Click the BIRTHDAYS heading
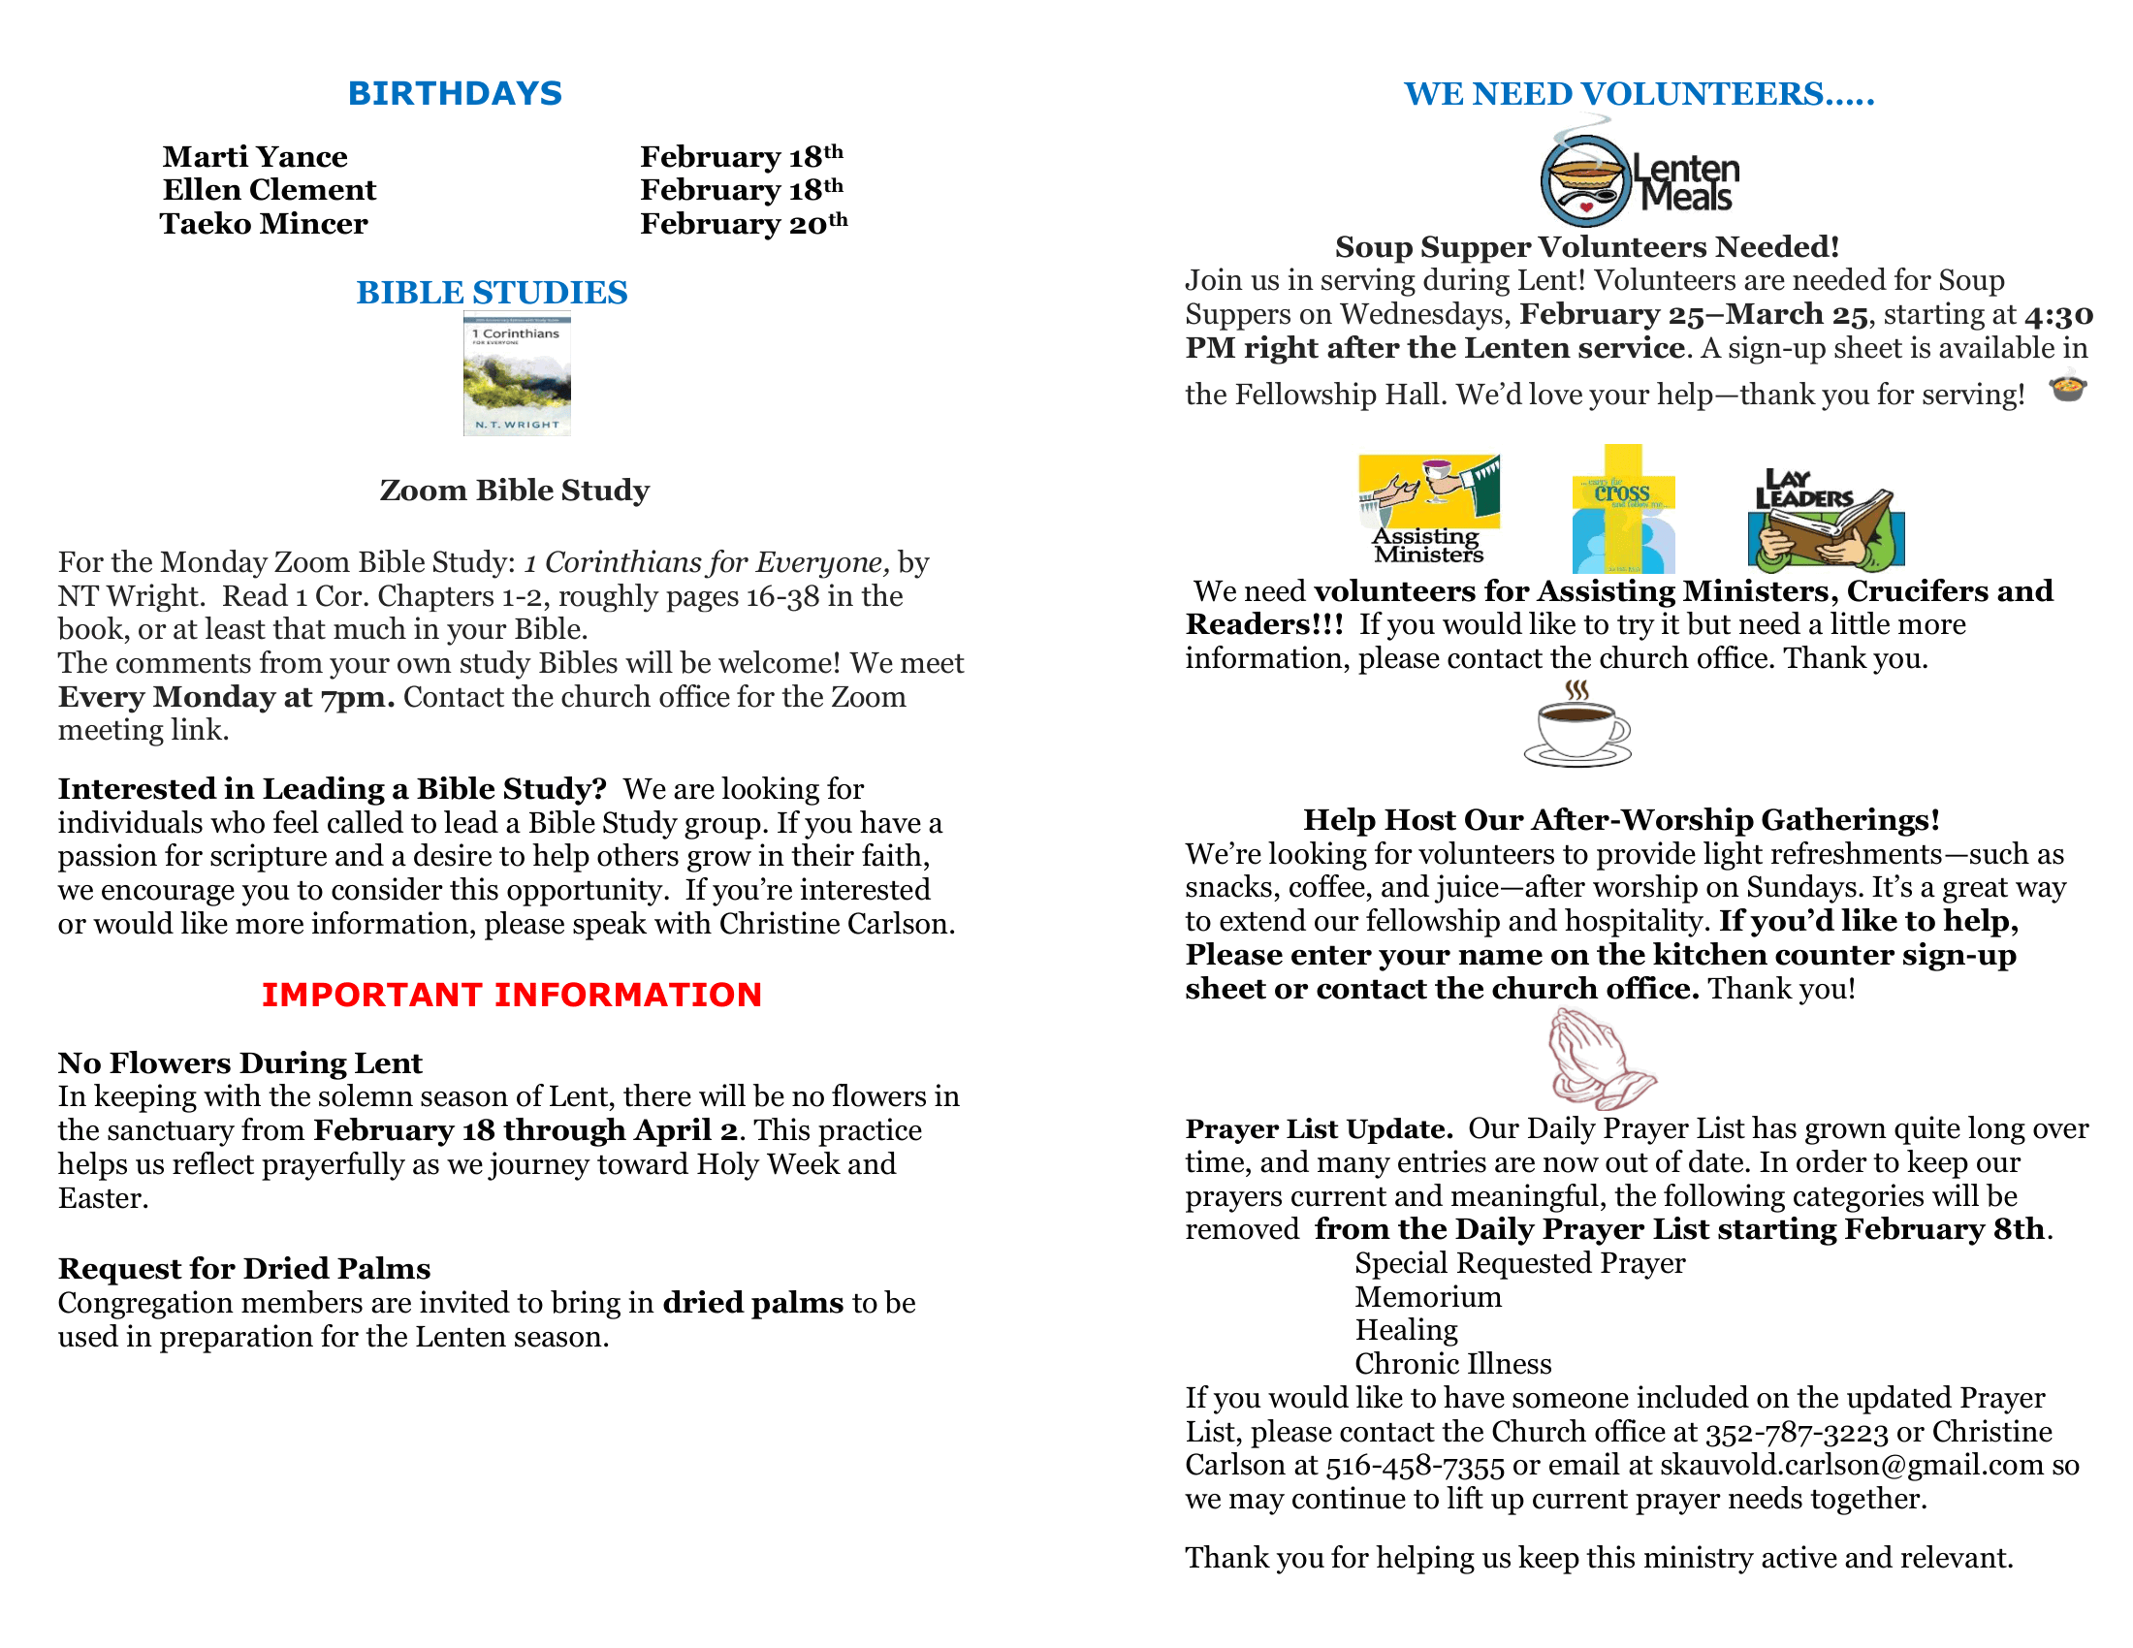455,94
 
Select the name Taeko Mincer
264,225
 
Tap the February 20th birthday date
744,225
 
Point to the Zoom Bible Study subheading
514,491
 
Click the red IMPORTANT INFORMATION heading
511,995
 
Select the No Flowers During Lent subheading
240,1063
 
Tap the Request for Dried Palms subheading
244,1269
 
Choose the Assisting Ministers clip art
1428,509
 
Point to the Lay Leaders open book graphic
1826,521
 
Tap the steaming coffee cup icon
1577,725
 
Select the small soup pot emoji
2068,389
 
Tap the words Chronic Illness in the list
1452,1364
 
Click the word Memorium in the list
1428,1297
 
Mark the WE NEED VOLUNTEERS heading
1639,94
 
